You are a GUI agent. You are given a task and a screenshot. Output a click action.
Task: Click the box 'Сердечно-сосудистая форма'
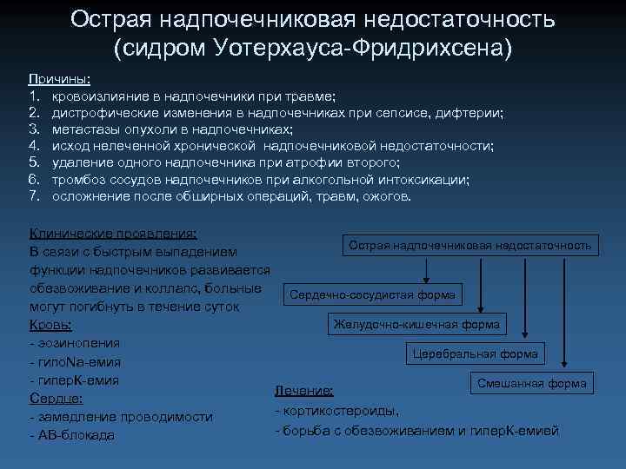[372, 294]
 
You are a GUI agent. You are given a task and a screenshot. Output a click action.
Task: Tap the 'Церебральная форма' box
[476, 353]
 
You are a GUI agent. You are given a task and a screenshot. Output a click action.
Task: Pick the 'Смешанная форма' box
[531, 383]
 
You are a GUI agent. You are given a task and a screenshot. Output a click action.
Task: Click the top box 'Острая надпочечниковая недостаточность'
[469, 246]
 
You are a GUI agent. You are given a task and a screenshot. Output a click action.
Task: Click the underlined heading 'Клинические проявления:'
[113, 234]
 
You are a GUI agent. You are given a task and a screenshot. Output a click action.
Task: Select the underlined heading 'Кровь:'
[50, 325]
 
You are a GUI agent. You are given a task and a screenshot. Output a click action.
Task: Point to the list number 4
[35, 146]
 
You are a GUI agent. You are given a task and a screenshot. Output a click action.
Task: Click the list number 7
[35, 196]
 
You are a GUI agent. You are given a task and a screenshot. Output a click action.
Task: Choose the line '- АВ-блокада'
[72, 435]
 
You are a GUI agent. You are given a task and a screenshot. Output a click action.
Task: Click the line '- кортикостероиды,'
[337, 411]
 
